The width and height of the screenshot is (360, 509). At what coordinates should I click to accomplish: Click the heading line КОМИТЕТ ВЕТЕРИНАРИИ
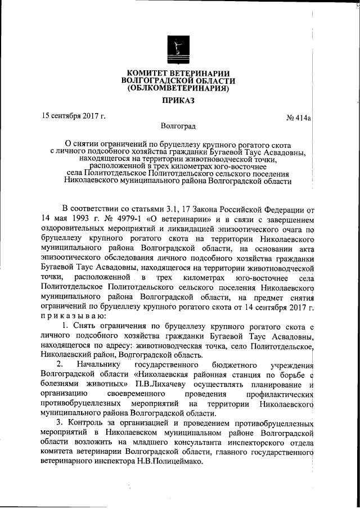tap(178, 74)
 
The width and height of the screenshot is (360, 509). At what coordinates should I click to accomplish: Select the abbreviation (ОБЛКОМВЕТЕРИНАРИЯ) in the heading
tap(178, 88)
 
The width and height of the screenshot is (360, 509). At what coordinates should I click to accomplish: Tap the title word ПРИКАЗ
tap(178, 102)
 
